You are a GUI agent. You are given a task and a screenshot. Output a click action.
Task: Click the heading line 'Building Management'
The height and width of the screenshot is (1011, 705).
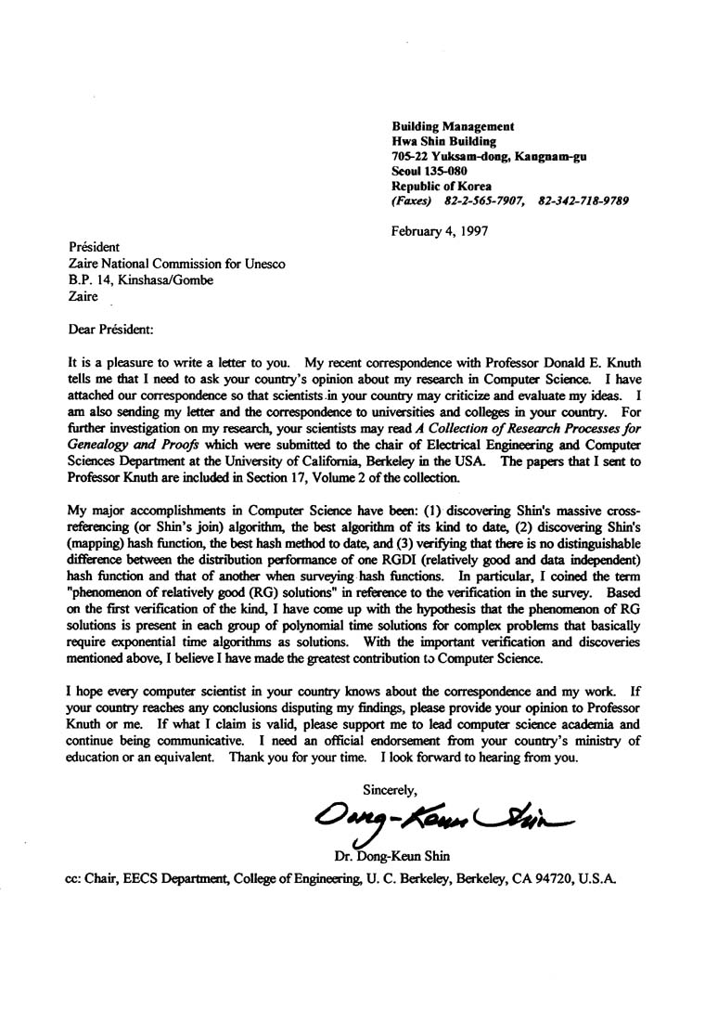[453, 126]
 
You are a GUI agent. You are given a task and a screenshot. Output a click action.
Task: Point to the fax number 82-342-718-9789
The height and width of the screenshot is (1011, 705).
[583, 201]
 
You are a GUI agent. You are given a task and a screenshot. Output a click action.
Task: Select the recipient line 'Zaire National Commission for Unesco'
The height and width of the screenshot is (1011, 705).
[177, 264]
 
